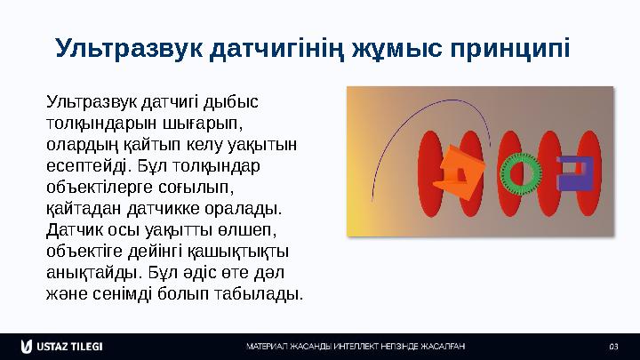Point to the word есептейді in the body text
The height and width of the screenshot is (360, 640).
tap(85, 165)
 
